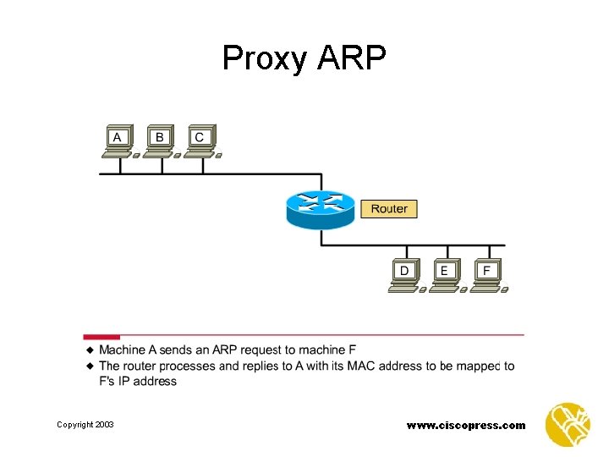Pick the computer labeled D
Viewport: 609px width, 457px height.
tap(404, 274)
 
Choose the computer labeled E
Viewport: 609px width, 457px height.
tap(445, 274)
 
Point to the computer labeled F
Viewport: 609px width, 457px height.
tap(486, 274)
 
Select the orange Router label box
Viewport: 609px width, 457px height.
tap(389, 208)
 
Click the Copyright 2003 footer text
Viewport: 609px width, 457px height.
tap(85, 424)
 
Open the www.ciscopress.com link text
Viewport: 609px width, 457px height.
tap(466, 425)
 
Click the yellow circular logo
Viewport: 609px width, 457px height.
tap(568, 424)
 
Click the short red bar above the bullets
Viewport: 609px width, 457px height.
tap(101, 337)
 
